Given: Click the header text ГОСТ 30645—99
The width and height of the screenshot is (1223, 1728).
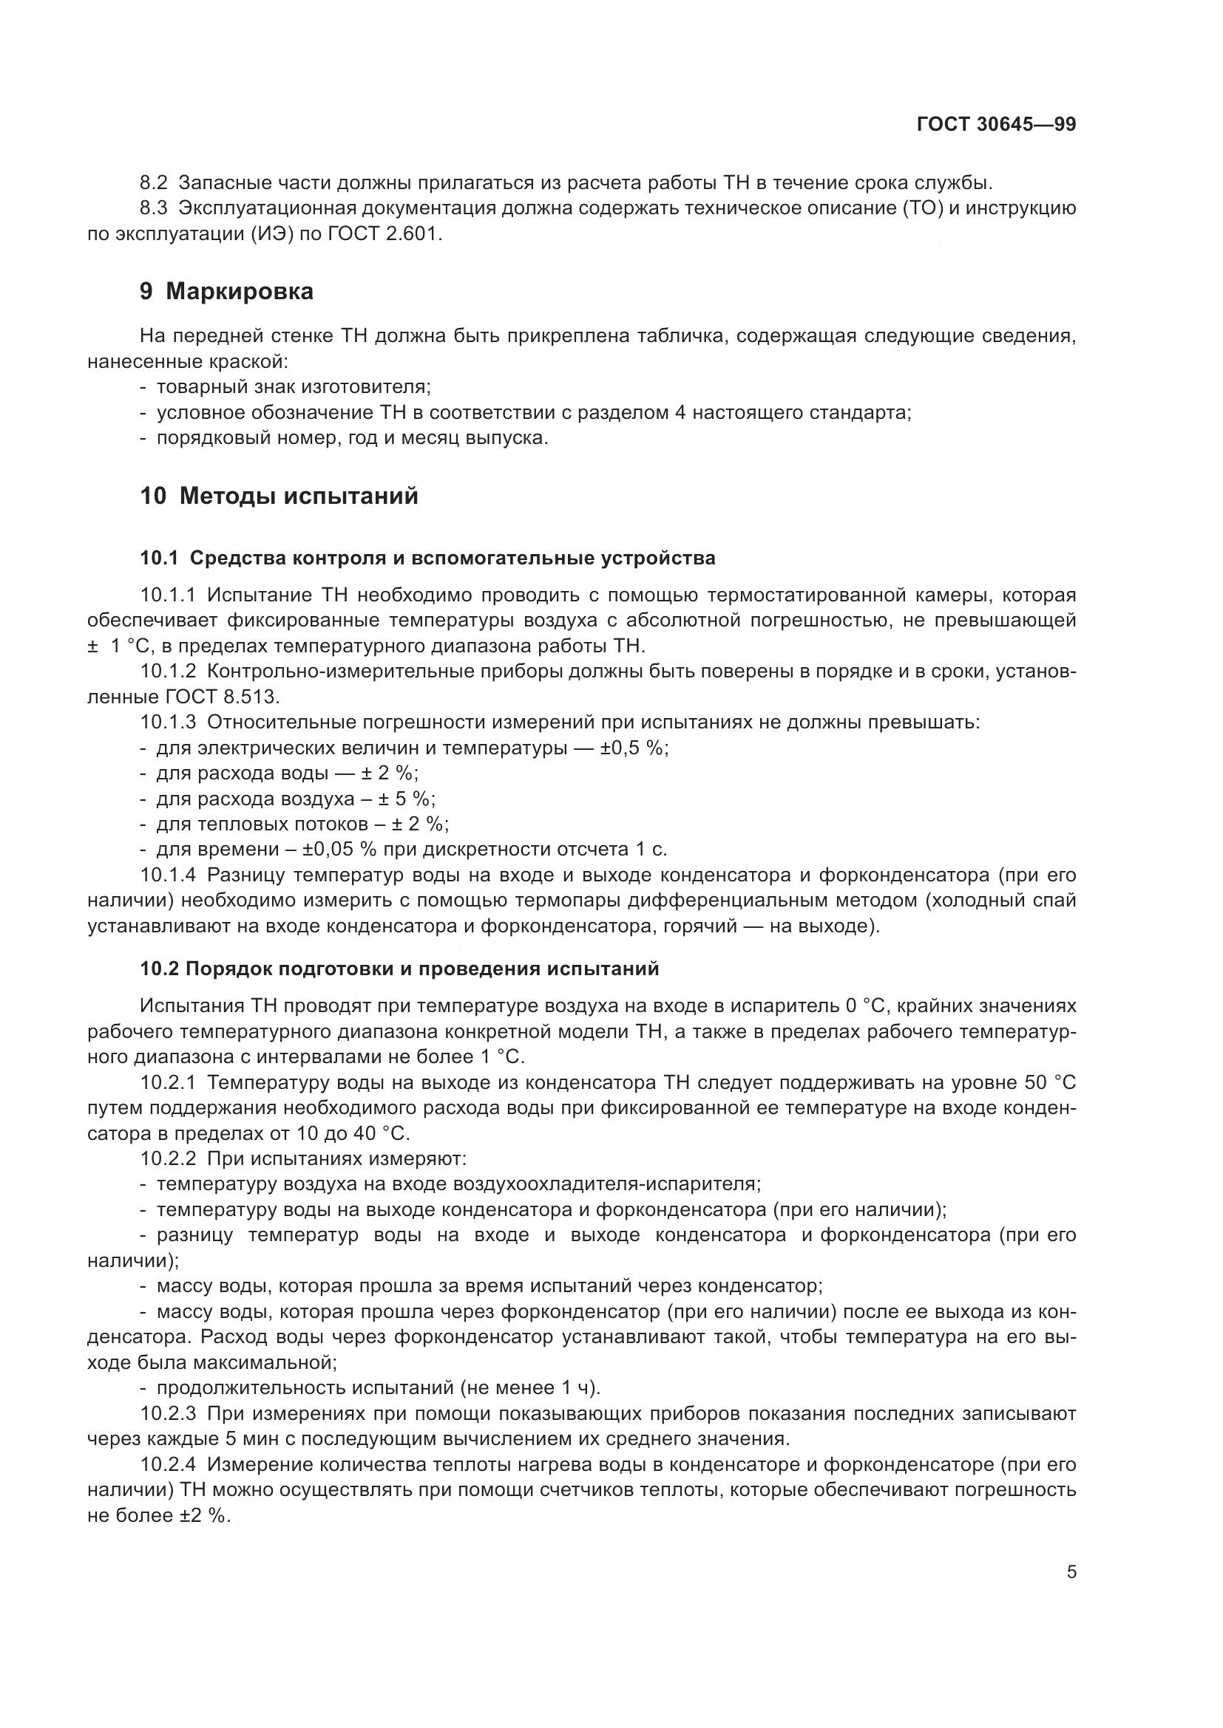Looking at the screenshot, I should [x=995, y=125].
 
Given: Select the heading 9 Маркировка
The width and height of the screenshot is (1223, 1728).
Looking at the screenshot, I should [x=226, y=291].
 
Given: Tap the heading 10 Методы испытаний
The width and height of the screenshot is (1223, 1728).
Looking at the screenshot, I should [x=279, y=496].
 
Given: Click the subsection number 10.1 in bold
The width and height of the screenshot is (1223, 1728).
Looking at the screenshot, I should [x=159, y=559].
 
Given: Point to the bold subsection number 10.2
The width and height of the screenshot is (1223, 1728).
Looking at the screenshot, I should [x=159, y=969].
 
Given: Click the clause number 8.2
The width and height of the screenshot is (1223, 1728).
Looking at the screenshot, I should [x=156, y=183].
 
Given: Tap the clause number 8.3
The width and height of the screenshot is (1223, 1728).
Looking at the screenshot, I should [x=156, y=208].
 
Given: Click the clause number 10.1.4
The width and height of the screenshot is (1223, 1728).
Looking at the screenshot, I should [x=168, y=875].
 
